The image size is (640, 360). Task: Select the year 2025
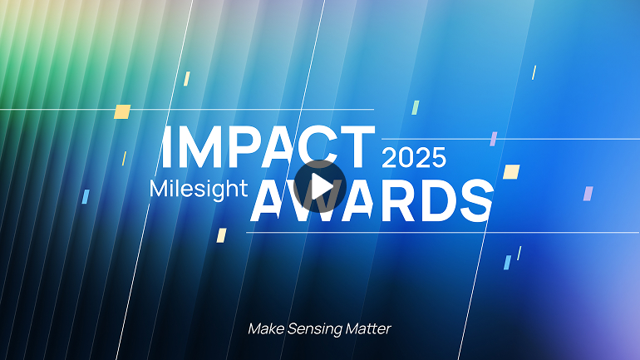414,157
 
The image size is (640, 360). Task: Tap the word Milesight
199,189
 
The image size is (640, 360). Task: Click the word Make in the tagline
266,328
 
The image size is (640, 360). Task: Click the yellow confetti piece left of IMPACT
123,111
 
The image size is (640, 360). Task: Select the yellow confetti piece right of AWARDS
512,171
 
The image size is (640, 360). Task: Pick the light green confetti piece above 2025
416,106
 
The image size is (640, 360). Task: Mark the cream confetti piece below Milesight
222,235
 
